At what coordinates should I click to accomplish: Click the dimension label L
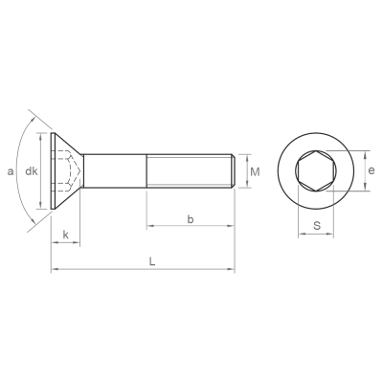point(152,262)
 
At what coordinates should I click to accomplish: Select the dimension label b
point(191,219)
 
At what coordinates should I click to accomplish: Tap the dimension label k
point(66,236)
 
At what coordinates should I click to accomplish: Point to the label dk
point(32,171)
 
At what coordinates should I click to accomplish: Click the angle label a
point(11,171)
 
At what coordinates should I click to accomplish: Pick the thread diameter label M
point(255,172)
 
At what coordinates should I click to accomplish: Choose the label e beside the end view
point(372,170)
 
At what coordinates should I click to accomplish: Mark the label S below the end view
point(317,226)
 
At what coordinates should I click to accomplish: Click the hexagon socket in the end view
point(315,170)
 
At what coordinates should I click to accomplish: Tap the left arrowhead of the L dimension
point(55,269)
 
